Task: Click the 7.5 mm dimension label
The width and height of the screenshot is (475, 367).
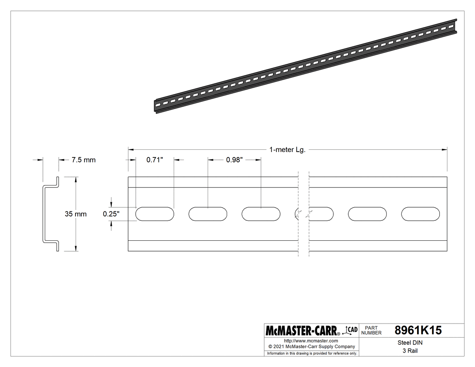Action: (83, 160)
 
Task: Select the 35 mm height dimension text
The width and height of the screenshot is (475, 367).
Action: (75, 214)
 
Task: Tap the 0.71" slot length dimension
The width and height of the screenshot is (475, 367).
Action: (154, 160)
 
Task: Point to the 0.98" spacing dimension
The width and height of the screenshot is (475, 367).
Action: (234, 160)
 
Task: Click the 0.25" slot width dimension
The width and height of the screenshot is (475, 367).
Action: (111, 214)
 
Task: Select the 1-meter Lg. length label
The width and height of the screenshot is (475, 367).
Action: (287, 150)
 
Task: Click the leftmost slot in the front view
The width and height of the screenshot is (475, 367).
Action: (155, 214)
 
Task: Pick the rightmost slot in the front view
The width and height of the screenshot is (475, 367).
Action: (420, 214)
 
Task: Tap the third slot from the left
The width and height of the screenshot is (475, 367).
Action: (261, 214)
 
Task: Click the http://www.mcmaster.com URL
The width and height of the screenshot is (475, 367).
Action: (311, 340)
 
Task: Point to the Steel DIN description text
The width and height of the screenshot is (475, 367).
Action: (409, 343)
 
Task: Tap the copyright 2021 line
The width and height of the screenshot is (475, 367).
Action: (312, 347)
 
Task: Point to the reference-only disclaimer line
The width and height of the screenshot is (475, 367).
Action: (312, 353)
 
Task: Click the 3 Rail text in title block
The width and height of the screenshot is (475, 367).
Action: (409, 351)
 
